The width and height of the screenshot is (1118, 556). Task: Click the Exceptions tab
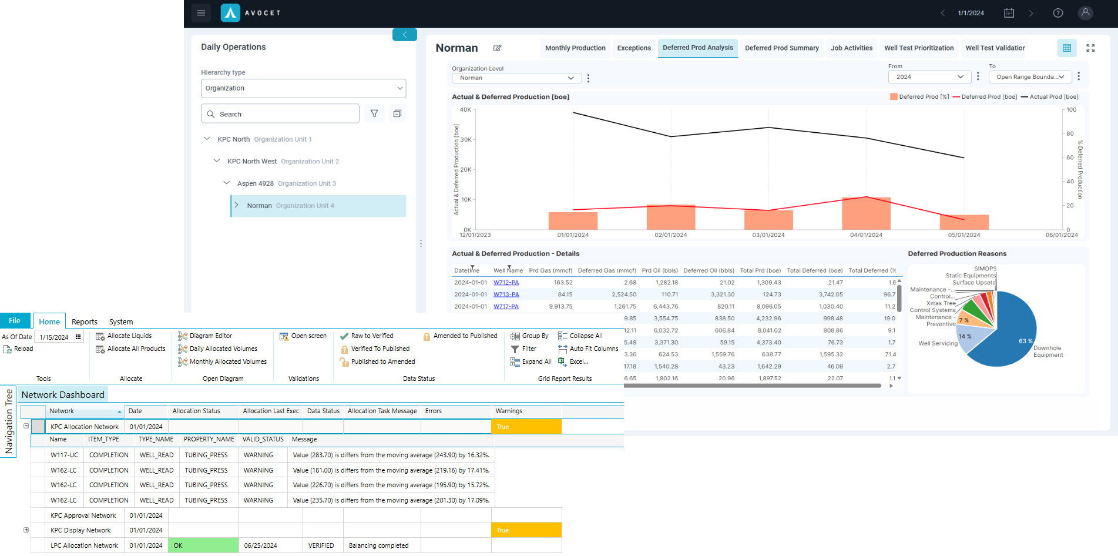[633, 48]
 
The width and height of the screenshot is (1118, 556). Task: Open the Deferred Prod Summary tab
[781, 48]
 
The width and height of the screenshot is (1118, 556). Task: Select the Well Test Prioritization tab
[919, 48]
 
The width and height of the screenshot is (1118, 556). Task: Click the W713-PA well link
[506, 294]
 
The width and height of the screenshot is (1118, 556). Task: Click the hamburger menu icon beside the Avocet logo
[201, 13]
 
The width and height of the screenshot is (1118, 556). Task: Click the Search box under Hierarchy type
[280, 114]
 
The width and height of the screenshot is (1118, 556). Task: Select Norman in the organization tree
[259, 206]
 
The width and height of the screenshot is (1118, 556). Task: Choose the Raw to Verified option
[372, 336]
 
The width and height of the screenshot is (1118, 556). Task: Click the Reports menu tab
[85, 321]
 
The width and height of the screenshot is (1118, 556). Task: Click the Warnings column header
[509, 411]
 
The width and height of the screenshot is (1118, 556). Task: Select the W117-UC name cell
[64, 455]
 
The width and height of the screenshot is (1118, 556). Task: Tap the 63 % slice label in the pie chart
[1025, 341]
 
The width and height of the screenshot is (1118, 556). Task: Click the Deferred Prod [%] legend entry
[919, 97]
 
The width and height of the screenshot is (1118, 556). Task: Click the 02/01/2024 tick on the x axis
[671, 235]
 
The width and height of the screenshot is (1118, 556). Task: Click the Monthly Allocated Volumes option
[228, 362]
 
